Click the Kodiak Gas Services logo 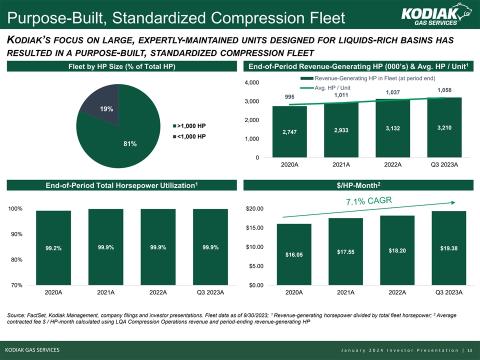pyautogui.click(x=430, y=15)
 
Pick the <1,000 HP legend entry pyautogui.click(x=189, y=136)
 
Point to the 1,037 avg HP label pyautogui.click(x=392, y=92)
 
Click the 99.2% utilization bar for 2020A pyautogui.click(x=53, y=248)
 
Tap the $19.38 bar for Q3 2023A pyautogui.click(x=448, y=248)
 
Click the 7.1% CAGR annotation pyautogui.click(x=369, y=201)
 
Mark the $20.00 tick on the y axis pyautogui.click(x=258, y=208)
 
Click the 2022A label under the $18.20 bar pyautogui.click(x=397, y=292)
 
